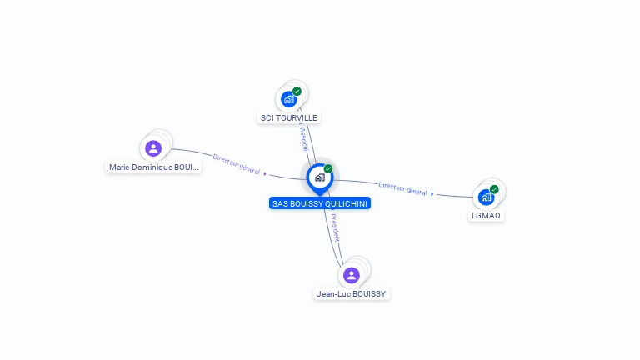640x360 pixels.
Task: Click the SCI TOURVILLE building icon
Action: click(x=289, y=99)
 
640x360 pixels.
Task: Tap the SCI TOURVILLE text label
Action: click(x=289, y=118)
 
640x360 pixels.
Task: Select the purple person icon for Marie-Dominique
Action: click(x=153, y=148)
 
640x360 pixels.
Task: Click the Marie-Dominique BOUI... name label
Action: click(x=154, y=167)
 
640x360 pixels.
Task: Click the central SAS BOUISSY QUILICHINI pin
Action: click(x=319, y=177)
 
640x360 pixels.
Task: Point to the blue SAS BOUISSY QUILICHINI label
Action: click(x=320, y=203)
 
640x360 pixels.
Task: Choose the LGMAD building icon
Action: click(x=486, y=197)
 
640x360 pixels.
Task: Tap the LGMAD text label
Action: click(x=486, y=216)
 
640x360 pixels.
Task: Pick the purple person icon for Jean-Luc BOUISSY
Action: click(x=352, y=275)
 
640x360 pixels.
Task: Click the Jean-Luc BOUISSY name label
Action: click(x=352, y=293)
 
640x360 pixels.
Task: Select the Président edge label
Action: click(x=335, y=227)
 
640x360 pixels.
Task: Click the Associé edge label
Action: click(x=303, y=138)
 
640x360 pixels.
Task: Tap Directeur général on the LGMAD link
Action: click(x=402, y=188)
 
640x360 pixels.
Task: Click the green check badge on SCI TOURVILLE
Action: click(x=297, y=92)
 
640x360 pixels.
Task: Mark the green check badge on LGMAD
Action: click(x=494, y=189)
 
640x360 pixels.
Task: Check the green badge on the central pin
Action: click(x=328, y=169)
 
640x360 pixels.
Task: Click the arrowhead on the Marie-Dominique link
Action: click(x=265, y=173)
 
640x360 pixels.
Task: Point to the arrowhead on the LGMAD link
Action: click(x=432, y=193)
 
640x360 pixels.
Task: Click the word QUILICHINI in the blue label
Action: click(x=344, y=203)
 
